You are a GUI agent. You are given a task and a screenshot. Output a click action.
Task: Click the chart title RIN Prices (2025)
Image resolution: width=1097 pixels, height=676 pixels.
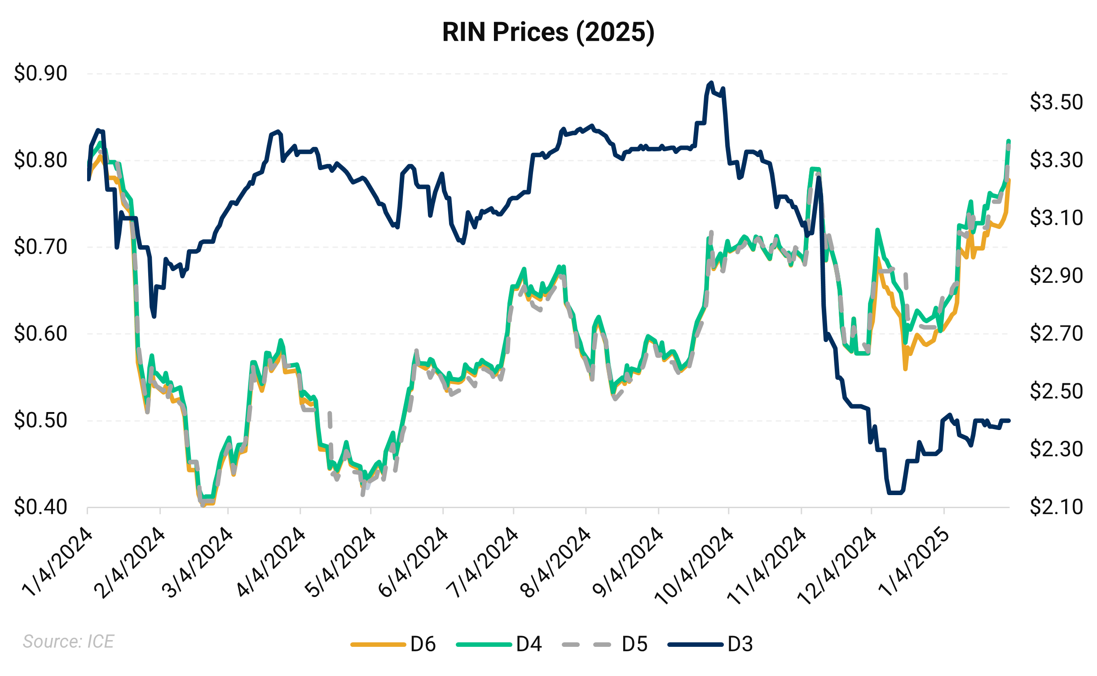pos(548,32)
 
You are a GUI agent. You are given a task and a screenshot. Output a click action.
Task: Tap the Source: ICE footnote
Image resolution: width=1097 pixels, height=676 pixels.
pos(68,641)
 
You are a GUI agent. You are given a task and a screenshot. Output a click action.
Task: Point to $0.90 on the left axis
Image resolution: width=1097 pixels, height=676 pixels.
pos(40,73)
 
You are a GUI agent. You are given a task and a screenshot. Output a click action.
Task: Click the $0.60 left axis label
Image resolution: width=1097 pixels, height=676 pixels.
pos(40,334)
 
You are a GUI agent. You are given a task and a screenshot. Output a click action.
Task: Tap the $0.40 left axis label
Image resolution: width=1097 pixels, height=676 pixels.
pos(40,507)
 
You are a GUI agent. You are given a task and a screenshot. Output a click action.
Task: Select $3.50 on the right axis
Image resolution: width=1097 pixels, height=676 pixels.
pos(1056,102)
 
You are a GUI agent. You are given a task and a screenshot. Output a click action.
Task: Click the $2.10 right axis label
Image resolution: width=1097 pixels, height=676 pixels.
pos(1056,507)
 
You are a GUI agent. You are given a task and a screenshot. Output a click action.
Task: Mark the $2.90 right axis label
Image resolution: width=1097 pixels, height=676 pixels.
pos(1056,276)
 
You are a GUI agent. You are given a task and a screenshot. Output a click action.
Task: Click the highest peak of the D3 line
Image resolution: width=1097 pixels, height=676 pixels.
pos(710,83)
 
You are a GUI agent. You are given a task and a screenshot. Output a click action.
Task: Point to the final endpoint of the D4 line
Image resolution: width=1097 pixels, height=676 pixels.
pos(1009,141)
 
